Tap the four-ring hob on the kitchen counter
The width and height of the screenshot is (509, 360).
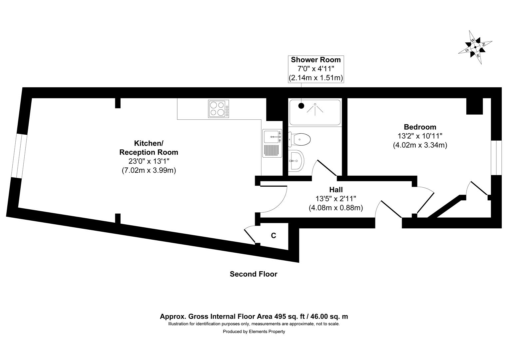(x=219, y=109)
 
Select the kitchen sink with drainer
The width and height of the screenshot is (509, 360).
(x=272, y=144)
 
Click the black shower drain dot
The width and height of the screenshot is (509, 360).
(x=301, y=106)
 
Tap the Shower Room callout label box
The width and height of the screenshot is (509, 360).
(x=315, y=69)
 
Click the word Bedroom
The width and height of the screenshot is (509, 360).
(x=420, y=127)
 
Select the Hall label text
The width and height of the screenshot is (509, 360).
(x=336, y=190)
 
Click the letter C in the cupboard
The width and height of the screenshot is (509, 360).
(x=273, y=236)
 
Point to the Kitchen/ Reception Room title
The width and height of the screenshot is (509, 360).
(x=149, y=148)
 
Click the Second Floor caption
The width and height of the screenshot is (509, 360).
(x=253, y=274)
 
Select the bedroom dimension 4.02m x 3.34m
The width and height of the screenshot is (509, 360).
(x=420, y=145)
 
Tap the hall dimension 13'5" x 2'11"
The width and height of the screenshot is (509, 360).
(x=336, y=199)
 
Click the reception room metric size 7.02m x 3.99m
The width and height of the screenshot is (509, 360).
(x=149, y=170)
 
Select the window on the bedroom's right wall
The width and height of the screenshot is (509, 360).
(x=496, y=157)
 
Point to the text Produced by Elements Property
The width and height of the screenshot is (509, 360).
(x=254, y=332)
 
